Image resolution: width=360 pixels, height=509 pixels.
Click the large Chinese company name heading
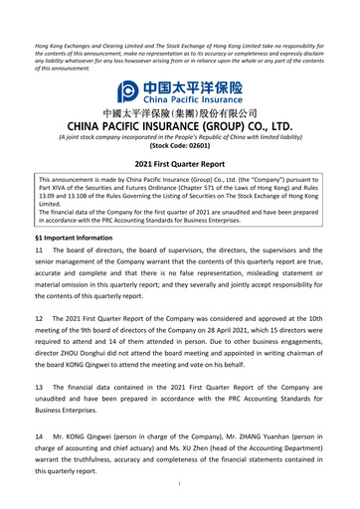point(180,114)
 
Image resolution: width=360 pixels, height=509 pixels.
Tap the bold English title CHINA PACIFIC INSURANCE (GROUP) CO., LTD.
point(180,126)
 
